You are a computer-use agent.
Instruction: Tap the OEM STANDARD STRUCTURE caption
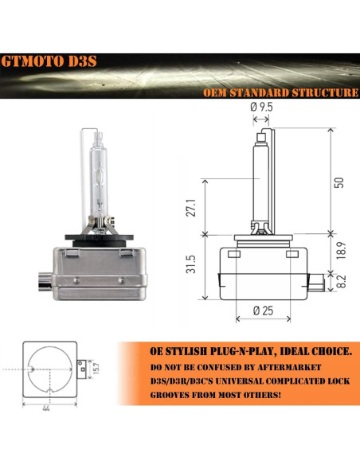tap(280, 92)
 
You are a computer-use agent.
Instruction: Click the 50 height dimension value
tap(339, 182)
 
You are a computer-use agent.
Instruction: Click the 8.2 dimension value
tap(340, 281)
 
